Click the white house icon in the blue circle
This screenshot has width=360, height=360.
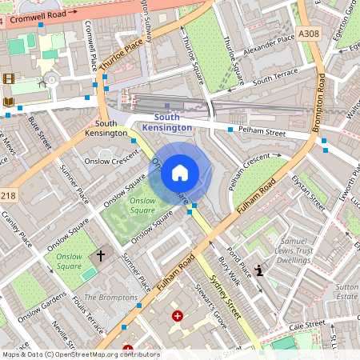point(179,171)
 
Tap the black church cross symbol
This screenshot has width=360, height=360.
point(101,256)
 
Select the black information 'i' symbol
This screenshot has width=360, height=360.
point(258,270)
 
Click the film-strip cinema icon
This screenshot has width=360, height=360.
point(9,78)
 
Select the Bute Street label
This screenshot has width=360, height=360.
point(39,132)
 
